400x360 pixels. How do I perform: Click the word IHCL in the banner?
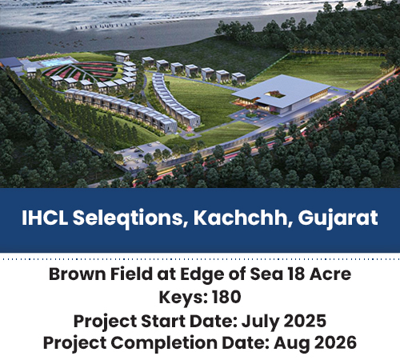45,218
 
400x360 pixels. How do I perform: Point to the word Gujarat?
338,219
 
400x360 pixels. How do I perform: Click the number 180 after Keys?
226,297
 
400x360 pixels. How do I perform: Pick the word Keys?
183,298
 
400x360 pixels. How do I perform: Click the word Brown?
78,274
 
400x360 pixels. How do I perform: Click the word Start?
162,321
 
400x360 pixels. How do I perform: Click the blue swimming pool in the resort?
57,63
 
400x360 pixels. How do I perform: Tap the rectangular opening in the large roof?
275,94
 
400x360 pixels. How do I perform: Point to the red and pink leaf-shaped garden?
81,71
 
